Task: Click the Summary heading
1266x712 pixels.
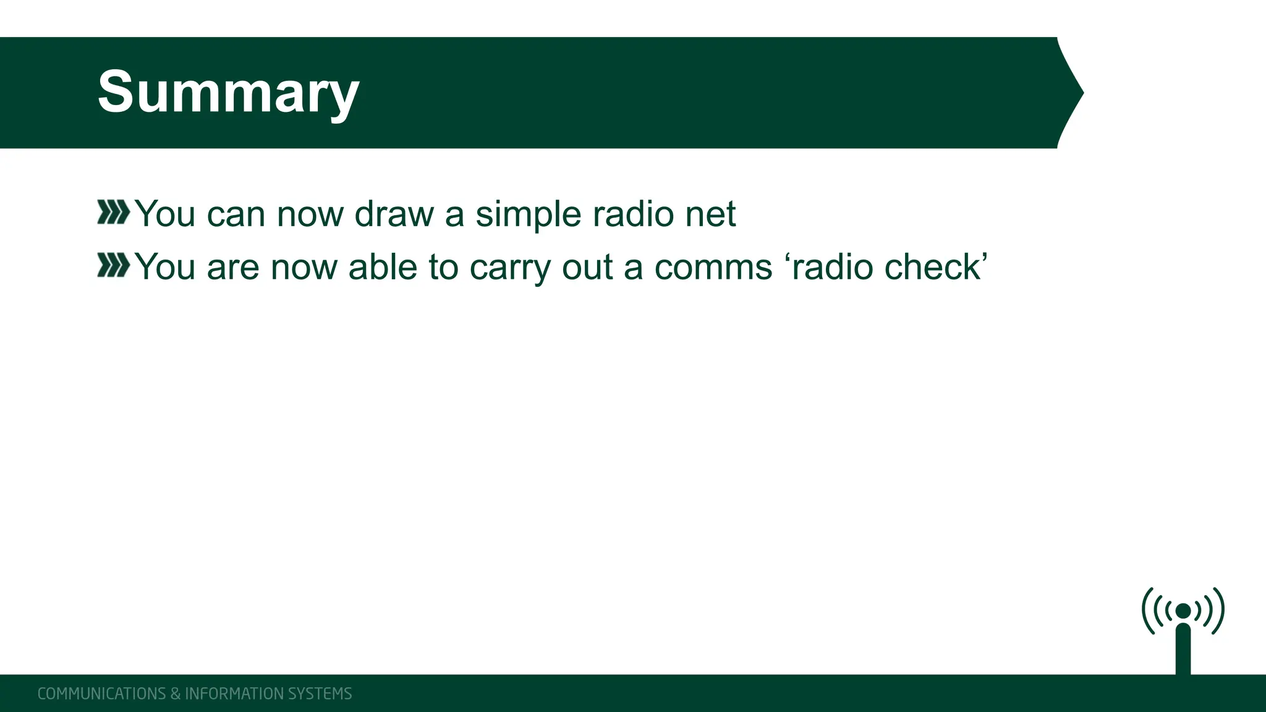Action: click(x=228, y=93)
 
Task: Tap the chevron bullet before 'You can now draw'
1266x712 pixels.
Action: click(x=113, y=213)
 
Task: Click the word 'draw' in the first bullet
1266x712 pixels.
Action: click(x=394, y=214)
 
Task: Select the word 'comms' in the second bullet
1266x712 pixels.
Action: click(x=713, y=268)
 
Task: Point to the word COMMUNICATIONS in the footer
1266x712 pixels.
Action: click(x=101, y=693)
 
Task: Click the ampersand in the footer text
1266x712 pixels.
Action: click(x=175, y=693)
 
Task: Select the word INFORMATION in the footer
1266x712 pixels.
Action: click(x=234, y=693)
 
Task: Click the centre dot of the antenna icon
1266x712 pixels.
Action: click(x=1183, y=611)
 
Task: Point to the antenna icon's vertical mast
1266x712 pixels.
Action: click(x=1183, y=649)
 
